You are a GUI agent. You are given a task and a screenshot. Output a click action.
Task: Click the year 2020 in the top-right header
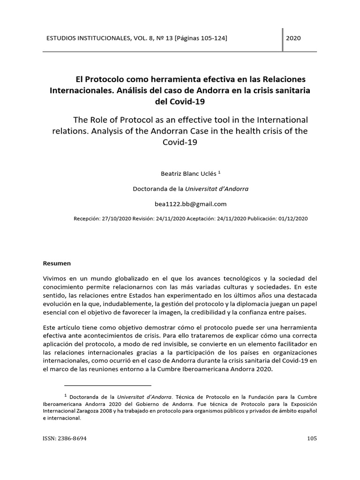click(293, 37)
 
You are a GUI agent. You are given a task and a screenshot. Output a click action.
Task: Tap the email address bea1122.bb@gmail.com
click(190, 204)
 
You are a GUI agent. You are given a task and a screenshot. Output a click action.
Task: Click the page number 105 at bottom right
click(312, 439)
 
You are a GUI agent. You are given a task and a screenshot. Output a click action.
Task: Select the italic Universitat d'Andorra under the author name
click(217, 189)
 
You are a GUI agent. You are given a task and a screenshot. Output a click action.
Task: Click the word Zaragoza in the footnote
click(97, 412)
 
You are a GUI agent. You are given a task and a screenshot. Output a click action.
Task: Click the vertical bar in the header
click(283, 40)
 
